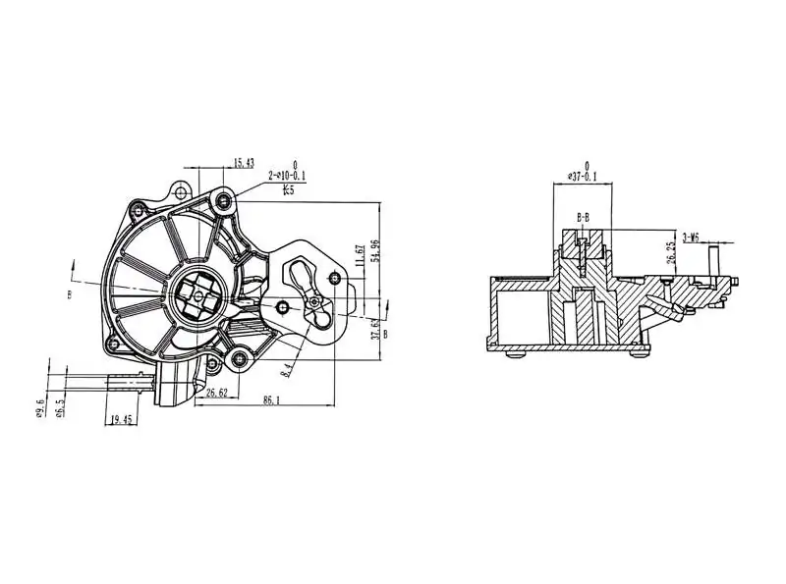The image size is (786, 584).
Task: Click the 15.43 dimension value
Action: coord(243,163)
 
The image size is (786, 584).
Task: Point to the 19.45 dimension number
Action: coord(122,419)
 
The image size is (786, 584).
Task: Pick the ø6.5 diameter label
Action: coord(60,407)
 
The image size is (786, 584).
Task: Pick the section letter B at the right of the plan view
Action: coord(385,334)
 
